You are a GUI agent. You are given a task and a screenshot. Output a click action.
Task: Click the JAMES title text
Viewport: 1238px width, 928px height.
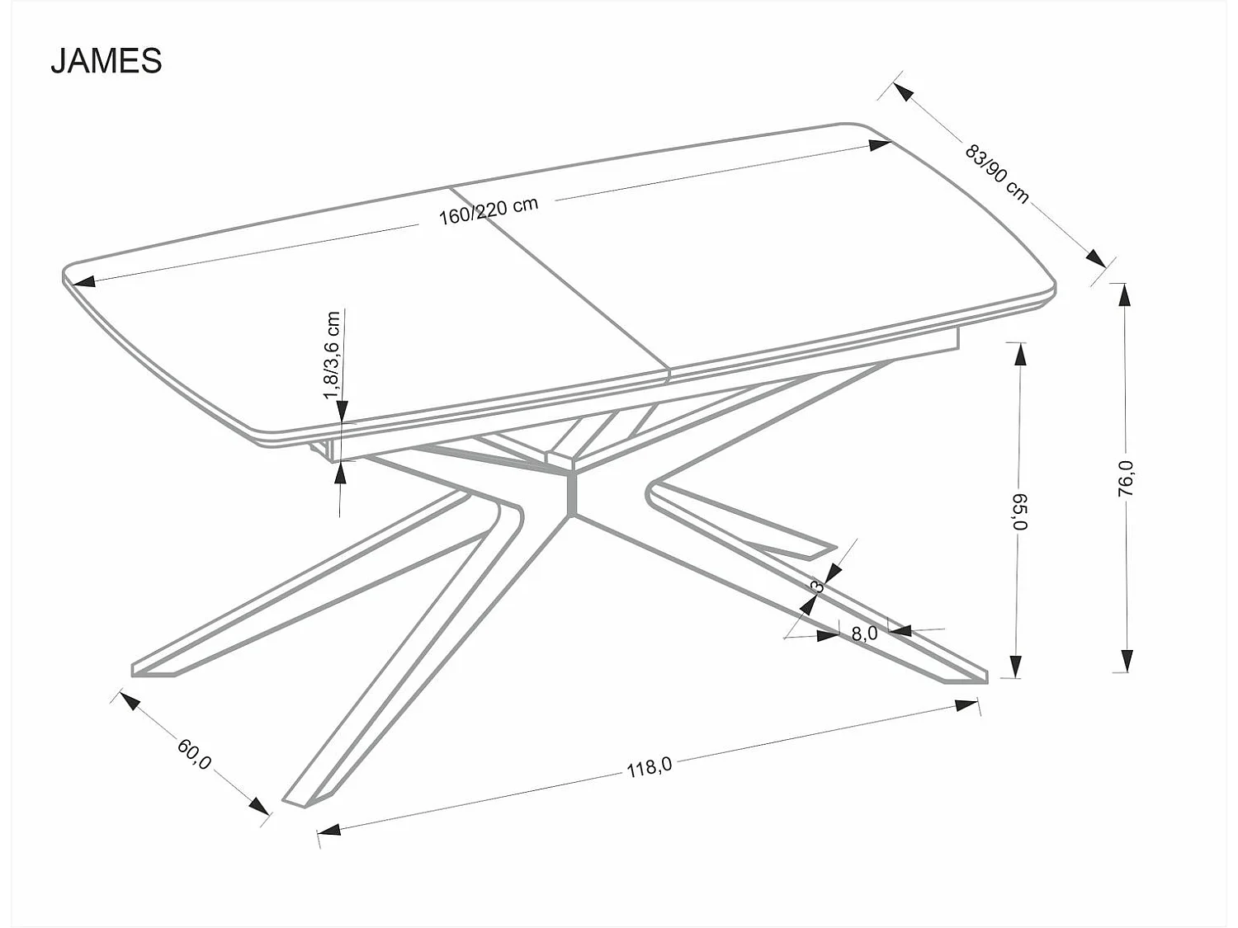point(106,61)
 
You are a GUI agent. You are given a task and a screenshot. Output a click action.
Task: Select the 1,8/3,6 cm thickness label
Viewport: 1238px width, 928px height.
point(332,356)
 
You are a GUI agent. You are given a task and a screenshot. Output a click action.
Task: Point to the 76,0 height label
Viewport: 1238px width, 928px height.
point(1126,478)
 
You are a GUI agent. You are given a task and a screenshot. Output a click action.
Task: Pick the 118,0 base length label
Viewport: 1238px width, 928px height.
point(650,767)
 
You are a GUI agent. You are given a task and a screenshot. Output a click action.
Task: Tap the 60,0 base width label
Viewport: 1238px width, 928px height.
point(195,753)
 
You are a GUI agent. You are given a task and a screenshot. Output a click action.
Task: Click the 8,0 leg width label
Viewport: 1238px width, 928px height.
point(863,634)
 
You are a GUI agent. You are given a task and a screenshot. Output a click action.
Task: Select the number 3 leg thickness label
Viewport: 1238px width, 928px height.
point(817,586)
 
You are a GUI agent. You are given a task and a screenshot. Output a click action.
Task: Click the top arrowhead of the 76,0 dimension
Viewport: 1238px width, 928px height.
point(1124,294)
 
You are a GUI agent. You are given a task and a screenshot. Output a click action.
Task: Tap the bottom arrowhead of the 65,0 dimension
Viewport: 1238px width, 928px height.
point(1018,667)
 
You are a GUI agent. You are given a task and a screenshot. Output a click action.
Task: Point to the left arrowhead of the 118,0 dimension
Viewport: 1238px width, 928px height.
point(329,830)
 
